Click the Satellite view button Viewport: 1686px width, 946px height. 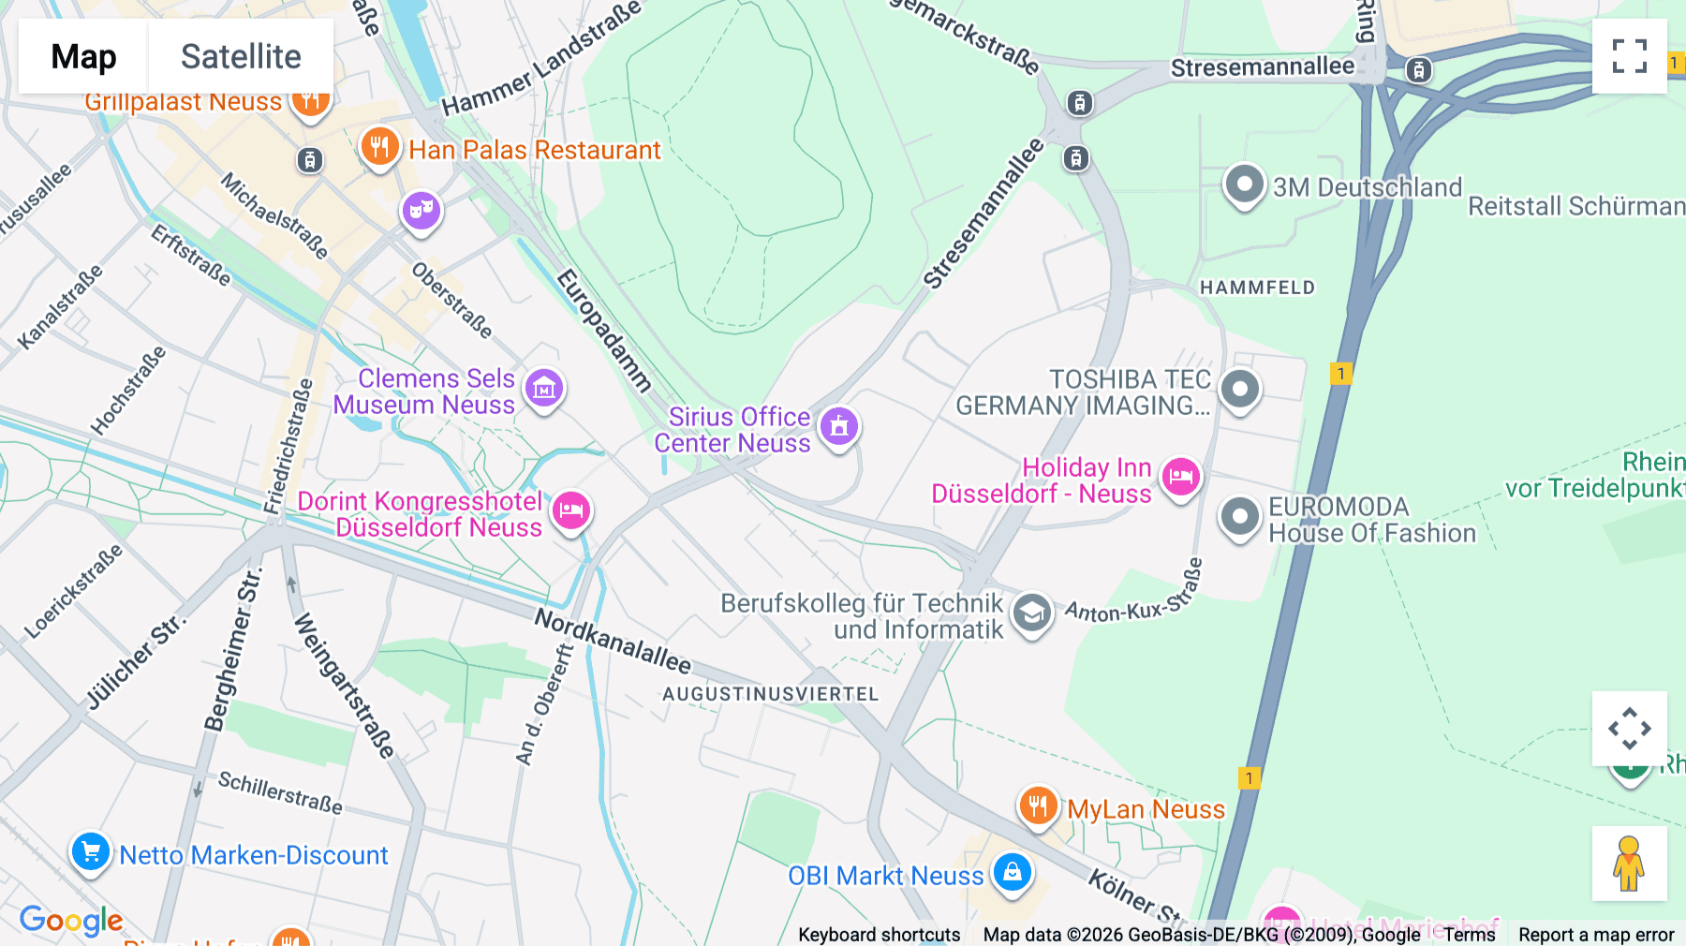241,56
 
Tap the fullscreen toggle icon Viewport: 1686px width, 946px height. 1629,56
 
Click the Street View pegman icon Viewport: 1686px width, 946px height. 1629,863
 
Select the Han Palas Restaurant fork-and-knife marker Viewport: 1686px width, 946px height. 379,147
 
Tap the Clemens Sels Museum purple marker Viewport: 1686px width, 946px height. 544,387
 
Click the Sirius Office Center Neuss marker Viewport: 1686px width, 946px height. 839,426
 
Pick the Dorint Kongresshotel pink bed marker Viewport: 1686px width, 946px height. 570,510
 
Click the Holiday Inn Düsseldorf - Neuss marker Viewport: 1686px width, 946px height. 1180,477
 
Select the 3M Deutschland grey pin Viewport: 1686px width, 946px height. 1244,185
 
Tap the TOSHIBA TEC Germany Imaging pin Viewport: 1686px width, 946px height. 1240,388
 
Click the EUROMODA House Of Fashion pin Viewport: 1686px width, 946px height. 1240,516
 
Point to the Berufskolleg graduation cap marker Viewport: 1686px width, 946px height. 1031,613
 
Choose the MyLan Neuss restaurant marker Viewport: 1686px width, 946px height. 1038,805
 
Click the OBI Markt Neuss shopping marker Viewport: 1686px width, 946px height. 1012,872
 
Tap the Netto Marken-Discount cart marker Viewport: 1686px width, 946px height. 91,852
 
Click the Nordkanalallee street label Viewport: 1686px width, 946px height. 613,641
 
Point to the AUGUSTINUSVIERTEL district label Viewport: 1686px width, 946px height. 770,694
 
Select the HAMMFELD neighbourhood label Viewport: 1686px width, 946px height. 1257,288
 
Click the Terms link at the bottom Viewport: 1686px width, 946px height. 1469,934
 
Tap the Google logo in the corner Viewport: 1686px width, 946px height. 71,920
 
